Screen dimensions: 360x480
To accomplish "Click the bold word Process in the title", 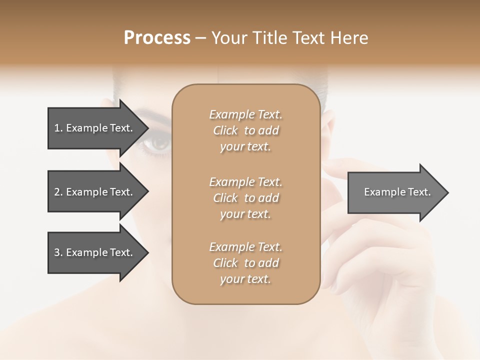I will [x=157, y=38].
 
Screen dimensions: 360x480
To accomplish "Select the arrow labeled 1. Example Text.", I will [x=95, y=128].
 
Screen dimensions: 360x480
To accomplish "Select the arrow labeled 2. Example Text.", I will [x=95, y=192].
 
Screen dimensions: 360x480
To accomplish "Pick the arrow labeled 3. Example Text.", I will [x=95, y=252].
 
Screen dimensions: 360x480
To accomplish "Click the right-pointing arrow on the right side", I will [x=395, y=192].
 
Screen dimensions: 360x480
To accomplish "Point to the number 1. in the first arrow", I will [x=58, y=128].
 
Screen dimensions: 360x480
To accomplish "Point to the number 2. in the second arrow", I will [x=58, y=192].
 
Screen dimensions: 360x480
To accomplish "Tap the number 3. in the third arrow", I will [x=58, y=252].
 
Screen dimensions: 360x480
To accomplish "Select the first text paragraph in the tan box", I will [x=245, y=130].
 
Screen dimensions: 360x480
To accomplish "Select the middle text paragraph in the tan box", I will [x=245, y=198].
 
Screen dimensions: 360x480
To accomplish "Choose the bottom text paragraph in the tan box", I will [x=245, y=263].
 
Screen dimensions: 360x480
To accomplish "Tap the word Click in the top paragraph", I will [x=225, y=130].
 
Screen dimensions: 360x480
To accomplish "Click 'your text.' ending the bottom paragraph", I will [x=245, y=279].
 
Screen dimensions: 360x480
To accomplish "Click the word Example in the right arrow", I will [x=381, y=192].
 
